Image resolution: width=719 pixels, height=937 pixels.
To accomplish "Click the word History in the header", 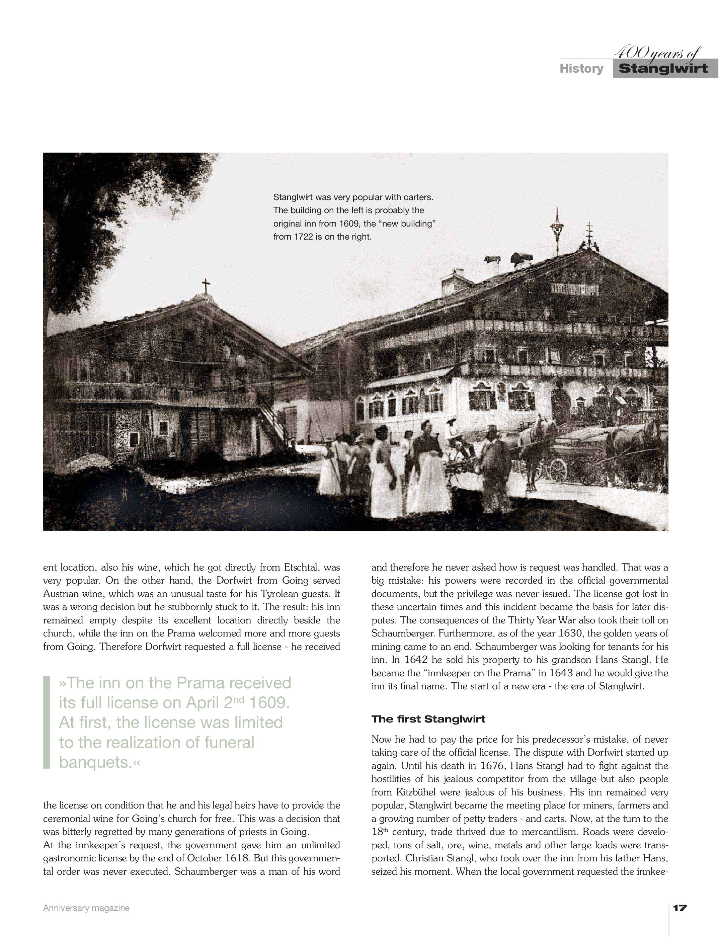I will [581, 69].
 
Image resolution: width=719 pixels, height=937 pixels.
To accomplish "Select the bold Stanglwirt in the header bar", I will [663, 69].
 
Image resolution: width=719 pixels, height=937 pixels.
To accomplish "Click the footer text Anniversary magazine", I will [86, 908].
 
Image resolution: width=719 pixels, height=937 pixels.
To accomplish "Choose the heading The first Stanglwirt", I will [428, 719].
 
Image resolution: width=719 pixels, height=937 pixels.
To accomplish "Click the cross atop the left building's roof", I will [206, 285].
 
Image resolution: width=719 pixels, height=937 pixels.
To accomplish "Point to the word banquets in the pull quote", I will [95, 762].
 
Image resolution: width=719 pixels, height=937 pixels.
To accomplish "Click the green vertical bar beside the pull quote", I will [47, 722].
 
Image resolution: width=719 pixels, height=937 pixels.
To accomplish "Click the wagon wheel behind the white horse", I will [557, 470].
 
